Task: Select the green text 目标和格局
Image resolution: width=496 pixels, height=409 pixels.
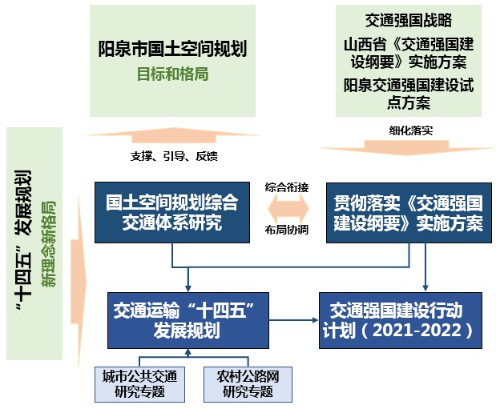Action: (x=172, y=73)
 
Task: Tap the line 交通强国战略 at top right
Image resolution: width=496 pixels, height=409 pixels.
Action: (x=408, y=21)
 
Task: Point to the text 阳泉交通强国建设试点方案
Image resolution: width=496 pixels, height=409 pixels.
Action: (x=408, y=94)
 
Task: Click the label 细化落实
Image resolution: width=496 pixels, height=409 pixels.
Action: (x=408, y=129)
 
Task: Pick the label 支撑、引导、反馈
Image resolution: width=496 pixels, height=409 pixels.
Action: (x=173, y=154)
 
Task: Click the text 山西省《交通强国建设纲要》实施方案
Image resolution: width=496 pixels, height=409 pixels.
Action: (x=408, y=52)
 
